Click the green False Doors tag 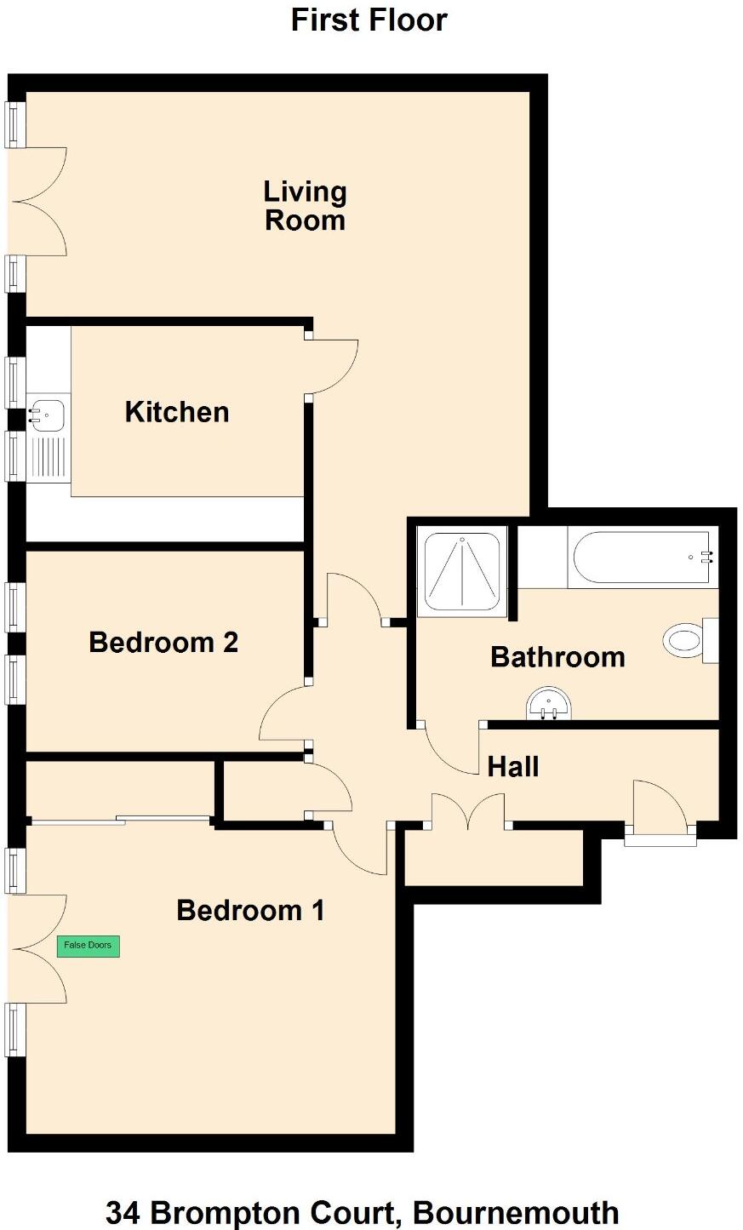coord(89,946)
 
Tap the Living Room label coord(305,206)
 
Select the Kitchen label coord(177,412)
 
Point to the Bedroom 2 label coord(163,642)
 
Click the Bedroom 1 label coord(250,911)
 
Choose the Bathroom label coord(557,657)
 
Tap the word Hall coord(513,767)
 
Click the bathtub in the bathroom coord(641,558)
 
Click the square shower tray coord(462,572)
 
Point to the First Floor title coord(369,20)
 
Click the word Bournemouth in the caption coord(518,1212)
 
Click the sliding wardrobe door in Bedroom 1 coord(119,820)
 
